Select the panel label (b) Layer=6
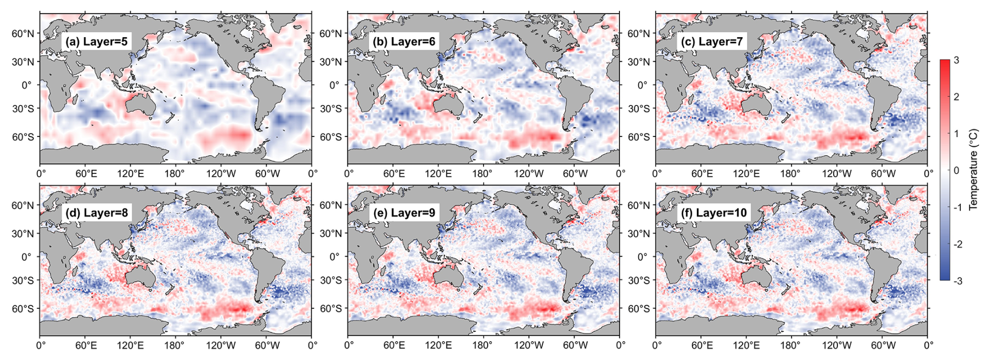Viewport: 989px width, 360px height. click(402, 41)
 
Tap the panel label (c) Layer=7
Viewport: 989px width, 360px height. click(710, 41)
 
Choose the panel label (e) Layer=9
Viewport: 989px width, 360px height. click(402, 213)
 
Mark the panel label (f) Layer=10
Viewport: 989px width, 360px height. click(713, 213)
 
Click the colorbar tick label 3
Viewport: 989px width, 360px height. click(956, 60)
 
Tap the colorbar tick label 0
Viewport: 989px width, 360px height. click(956, 170)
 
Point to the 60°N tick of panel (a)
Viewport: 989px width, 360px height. click(23, 34)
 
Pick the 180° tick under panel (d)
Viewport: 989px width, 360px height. click(174, 345)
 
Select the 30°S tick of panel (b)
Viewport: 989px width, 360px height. click(330, 109)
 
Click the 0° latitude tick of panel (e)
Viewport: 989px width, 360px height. click(334, 257)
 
